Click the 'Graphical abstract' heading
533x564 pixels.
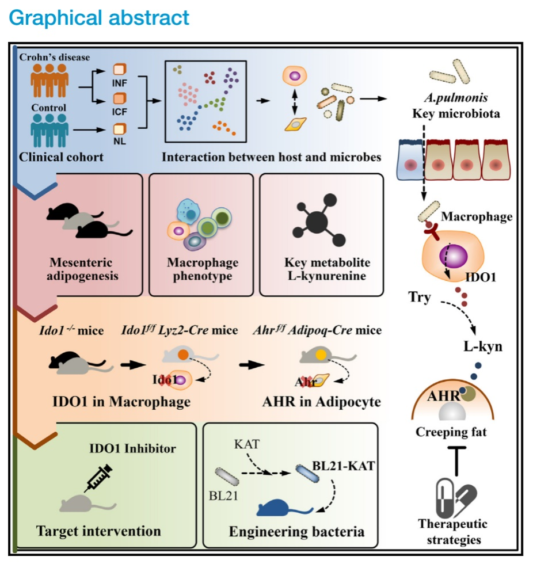pyautogui.click(x=99, y=17)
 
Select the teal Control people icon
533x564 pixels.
pyautogui.click(x=49, y=129)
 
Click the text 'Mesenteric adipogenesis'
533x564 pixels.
pyautogui.click(x=84, y=269)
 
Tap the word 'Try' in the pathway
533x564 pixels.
pyautogui.click(x=419, y=299)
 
